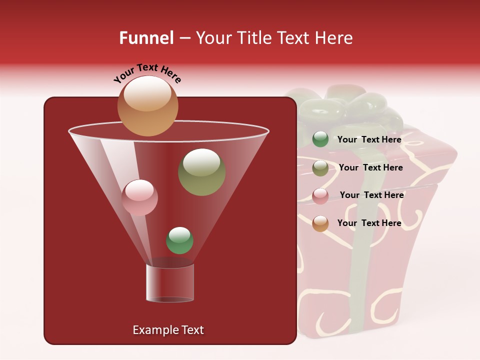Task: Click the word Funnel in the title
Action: point(146,38)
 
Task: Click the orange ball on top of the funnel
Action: point(147,106)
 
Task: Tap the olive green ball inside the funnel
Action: point(202,171)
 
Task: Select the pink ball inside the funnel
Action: point(139,197)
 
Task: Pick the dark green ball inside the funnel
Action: point(179,240)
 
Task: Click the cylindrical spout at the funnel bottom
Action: point(170,282)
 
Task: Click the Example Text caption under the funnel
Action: point(168,330)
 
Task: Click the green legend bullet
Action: point(320,139)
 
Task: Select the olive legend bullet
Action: point(320,168)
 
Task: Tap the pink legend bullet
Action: point(320,196)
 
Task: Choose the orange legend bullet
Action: point(320,223)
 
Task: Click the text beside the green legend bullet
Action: point(369,139)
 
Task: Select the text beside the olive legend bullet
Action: point(370,167)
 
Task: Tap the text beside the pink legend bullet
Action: point(371,195)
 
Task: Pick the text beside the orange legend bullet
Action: point(369,223)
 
